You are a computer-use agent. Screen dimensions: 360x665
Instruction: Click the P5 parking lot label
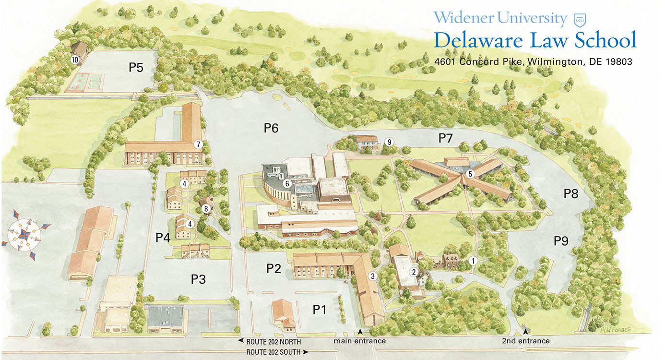click(136, 68)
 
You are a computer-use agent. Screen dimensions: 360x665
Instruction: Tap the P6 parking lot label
click(271, 128)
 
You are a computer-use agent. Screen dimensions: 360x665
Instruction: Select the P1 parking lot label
click(320, 310)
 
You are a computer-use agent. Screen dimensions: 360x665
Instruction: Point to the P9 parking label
click(561, 241)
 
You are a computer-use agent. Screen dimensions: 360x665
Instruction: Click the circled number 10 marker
click(75, 60)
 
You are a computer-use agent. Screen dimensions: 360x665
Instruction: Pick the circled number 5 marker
click(471, 174)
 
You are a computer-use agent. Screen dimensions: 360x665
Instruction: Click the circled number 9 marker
click(389, 142)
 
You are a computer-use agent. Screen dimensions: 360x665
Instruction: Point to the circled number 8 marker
click(206, 208)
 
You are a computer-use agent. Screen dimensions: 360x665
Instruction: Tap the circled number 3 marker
click(372, 276)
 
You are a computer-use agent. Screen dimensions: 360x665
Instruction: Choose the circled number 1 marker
click(473, 261)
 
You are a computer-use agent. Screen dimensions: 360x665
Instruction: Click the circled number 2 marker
click(413, 271)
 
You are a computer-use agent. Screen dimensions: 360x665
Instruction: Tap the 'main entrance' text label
click(360, 341)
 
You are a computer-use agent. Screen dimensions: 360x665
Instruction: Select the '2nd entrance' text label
click(525, 341)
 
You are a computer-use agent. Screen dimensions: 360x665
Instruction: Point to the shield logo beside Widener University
click(580, 19)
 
